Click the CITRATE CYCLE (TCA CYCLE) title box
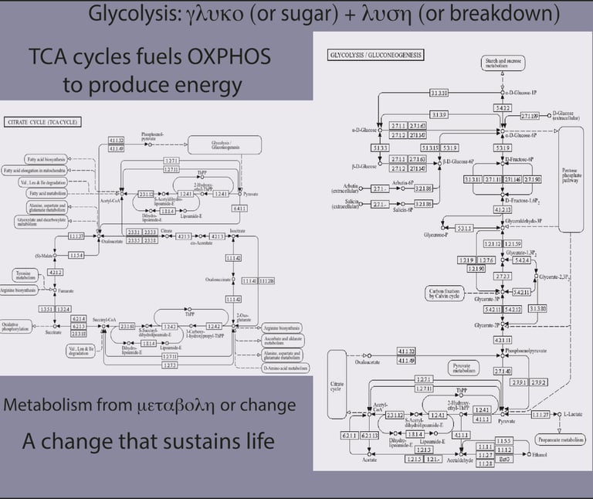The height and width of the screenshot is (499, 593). click(42, 122)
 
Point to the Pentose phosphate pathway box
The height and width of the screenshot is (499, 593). click(572, 179)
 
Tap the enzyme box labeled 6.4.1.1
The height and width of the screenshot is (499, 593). click(239, 208)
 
